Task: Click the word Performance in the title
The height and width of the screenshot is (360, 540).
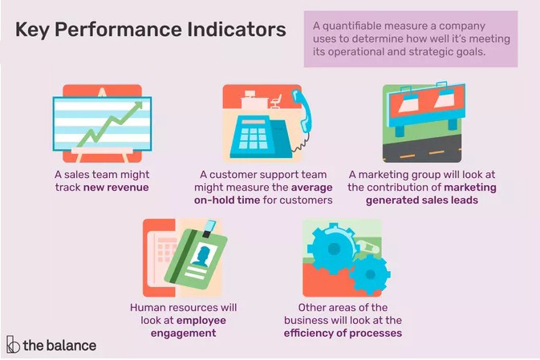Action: point(118,30)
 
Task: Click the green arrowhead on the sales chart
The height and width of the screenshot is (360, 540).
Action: point(138,105)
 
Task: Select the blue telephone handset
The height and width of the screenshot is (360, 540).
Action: point(302,110)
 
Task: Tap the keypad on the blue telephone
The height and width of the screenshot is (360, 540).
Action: point(253,138)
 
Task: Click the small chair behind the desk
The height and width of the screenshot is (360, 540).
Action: point(276,101)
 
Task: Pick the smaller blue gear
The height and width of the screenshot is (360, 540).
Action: point(369,274)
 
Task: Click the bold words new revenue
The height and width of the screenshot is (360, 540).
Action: point(116,188)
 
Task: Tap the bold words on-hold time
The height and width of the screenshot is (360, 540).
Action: point(227,200)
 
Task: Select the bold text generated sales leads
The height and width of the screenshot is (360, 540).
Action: point(422,200)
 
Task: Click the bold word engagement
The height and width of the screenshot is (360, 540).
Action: point(184,334)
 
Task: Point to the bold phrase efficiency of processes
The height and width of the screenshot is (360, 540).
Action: point(343,334)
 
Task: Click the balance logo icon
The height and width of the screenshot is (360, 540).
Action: point(13,344)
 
